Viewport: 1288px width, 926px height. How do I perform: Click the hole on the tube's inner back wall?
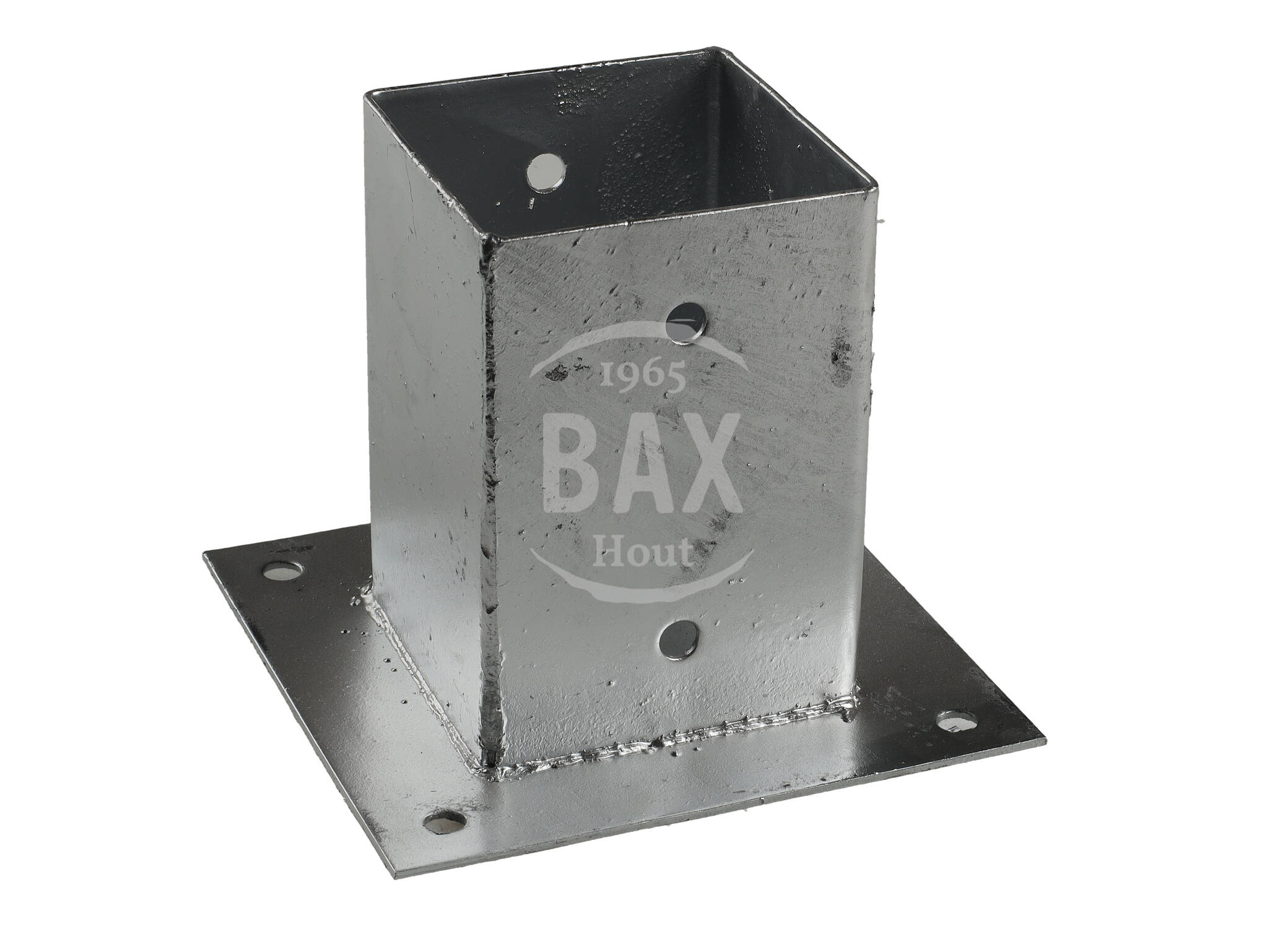pyautogui.click(x=547, y=171)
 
